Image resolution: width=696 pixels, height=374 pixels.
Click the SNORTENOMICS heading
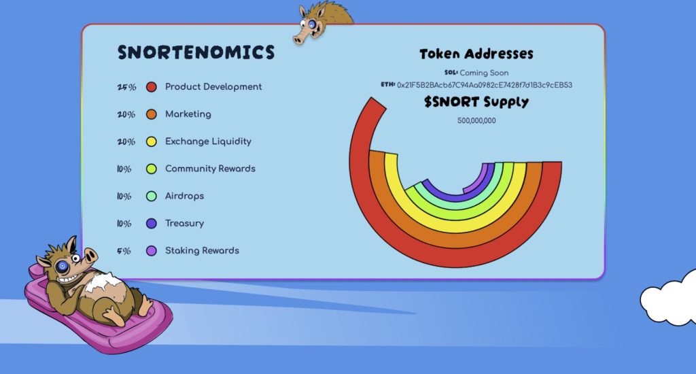196,52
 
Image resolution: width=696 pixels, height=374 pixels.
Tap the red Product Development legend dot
152,87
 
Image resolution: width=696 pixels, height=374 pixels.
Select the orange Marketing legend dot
152,114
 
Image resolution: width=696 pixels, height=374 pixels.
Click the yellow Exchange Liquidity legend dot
152,141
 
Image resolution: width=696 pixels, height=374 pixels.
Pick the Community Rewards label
210,169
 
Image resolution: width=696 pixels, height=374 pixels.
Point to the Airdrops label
184,196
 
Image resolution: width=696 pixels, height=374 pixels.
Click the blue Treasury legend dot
152,224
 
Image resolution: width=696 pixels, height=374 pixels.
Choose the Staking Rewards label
202,250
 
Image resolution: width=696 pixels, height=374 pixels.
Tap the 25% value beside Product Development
126,87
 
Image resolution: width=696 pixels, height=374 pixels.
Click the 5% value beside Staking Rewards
124,251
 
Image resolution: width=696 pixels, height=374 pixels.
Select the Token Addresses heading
476,54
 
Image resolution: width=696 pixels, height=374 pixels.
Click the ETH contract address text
484,85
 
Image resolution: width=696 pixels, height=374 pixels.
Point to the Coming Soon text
484,73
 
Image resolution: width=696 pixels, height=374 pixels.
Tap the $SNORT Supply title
476,102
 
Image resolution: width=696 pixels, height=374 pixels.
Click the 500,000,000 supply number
476,120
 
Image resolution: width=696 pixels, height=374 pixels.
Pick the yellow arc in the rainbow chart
457,225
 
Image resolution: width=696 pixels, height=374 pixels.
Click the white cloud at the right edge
669,298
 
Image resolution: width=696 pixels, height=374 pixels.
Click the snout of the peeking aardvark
300,39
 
